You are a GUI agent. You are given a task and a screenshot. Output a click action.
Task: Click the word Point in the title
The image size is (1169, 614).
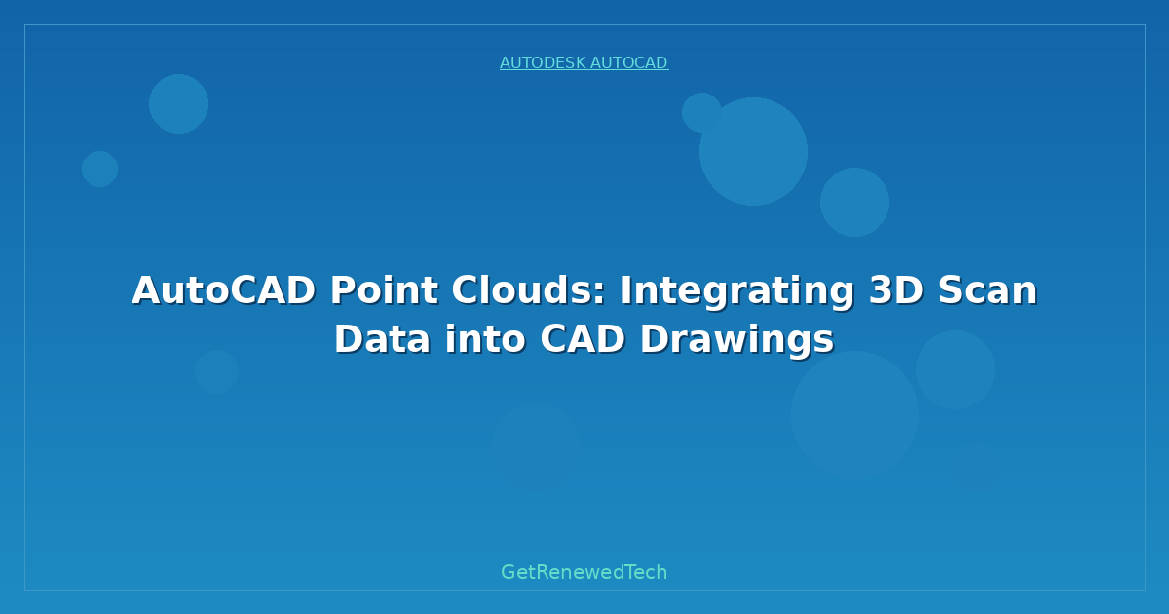pyautogui.click(x=384, y=290)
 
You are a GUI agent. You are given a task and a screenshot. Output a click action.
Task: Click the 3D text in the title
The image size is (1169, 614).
pyautogui.click(x=896, y=290)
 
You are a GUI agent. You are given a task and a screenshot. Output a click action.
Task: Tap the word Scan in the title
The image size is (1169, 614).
pyautogui.click(x=988, y=290)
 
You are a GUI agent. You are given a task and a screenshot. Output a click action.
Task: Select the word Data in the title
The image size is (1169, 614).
pyautogui.click(x=383, y=339)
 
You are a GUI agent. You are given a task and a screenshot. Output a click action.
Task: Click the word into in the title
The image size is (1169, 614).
pyautogui.click(x=485, y=339)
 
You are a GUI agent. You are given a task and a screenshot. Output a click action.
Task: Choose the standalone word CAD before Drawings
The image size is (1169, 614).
pyautogui.click(x=583, y=339)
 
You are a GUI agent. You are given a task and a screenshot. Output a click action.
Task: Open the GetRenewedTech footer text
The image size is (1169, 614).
pyautogui.click(x=584, y=572)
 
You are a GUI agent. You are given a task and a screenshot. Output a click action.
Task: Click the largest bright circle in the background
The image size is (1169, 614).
pyautogui.click(x=753, y=151)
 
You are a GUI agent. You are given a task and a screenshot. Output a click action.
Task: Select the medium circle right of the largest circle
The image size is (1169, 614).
pyautogui.click(x=855, y=202)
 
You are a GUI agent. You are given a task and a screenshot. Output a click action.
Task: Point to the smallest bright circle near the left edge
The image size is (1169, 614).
pyautogui.click(x=99, y=169)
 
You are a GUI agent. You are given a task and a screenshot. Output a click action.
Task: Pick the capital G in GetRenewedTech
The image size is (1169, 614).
pyautogui.click(x=508, y=572)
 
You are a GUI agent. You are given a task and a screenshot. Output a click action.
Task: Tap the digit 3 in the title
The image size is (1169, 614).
pyautogui.click(x=881, y=290)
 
